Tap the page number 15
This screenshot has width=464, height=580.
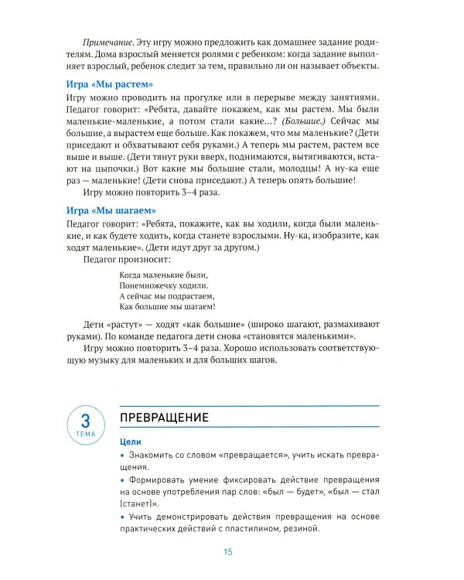pos(228,551)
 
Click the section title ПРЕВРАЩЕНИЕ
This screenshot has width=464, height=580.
pos(164,418)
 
